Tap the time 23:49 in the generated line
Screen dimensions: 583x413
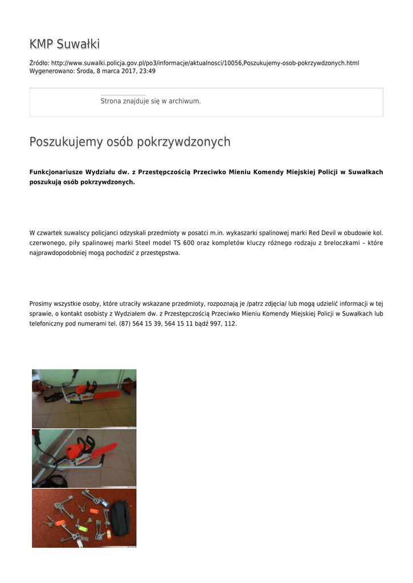tap(147, 71)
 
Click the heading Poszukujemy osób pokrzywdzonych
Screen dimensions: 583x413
tap(130, 142)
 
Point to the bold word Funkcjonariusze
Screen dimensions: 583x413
tap(56, 172)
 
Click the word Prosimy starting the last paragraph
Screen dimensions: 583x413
tap(42, 303)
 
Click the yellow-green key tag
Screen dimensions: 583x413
tap(82, 528)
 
